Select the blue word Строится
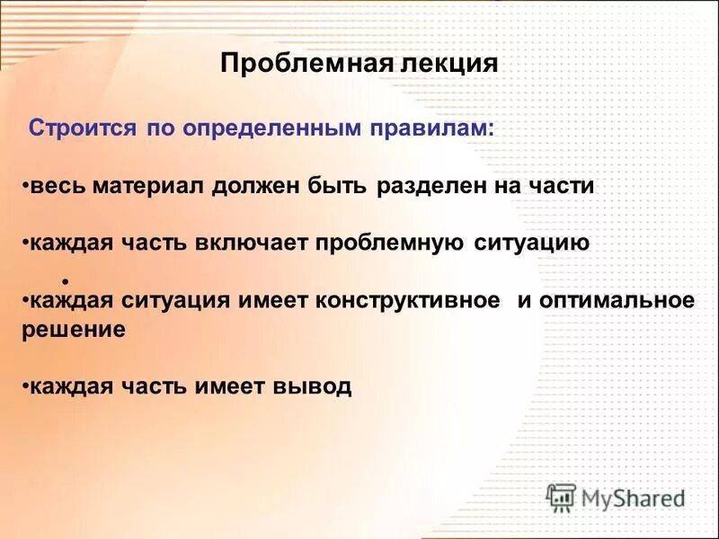(83, 128)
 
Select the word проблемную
(390, 243)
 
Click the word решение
(73, 330)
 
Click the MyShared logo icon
(562, 497)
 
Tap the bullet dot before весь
(25, 186)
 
